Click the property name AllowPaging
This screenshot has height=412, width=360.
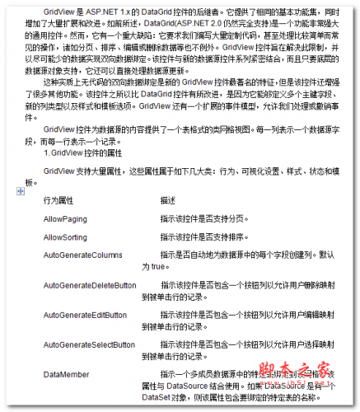pos(65,219)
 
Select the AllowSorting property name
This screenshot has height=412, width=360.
pos(66,236)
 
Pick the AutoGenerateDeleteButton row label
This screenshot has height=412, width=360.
pos(90,285)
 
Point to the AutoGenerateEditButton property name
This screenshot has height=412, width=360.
pos(85,315)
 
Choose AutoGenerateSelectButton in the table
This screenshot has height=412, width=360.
pos(89,344)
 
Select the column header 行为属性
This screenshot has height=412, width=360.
pos(58,200)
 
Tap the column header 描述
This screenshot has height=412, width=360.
pos(169,200)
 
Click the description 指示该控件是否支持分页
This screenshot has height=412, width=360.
pos(203,219)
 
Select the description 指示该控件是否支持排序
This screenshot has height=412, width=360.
pos(203,236)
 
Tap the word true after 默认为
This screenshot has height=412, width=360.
pos(152,266)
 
